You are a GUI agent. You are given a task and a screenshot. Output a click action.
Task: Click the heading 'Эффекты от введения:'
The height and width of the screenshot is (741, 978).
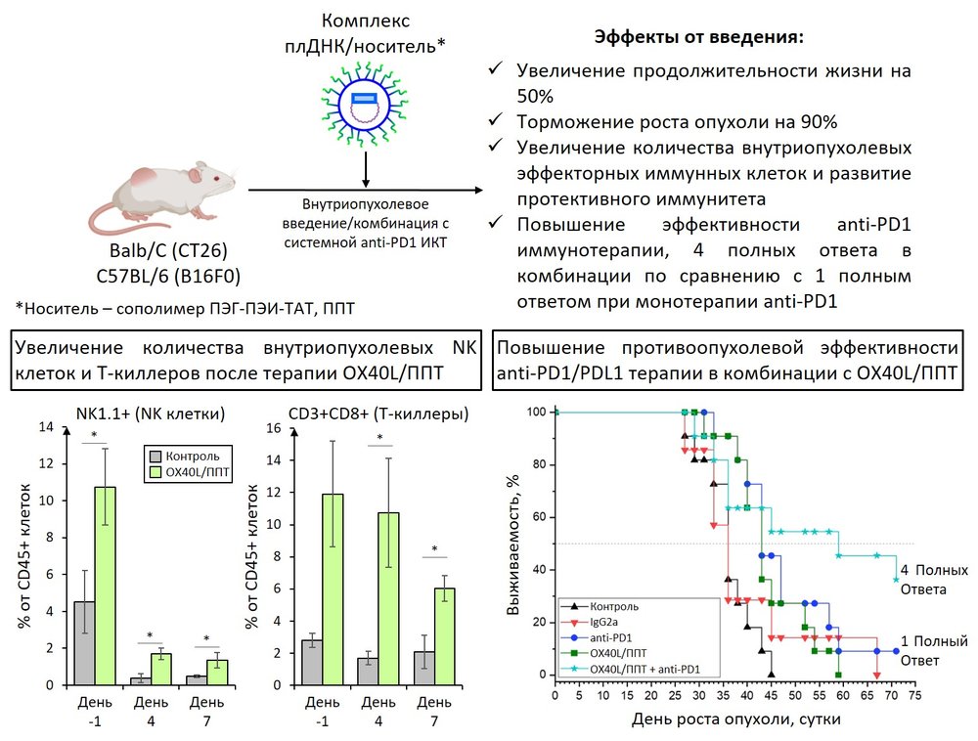click(x=699, y=37)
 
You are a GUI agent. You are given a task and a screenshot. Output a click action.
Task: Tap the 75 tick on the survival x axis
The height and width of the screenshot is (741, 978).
click(x=915, y=695)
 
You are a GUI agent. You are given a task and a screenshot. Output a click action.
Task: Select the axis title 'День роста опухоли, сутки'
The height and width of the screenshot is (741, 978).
click(x=734, y=719)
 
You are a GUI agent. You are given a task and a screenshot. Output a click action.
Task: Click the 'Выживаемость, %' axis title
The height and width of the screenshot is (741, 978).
click(x=513, y=544)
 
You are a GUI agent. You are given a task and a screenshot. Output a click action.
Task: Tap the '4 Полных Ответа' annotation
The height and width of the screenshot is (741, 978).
click(x=934, y=580)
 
